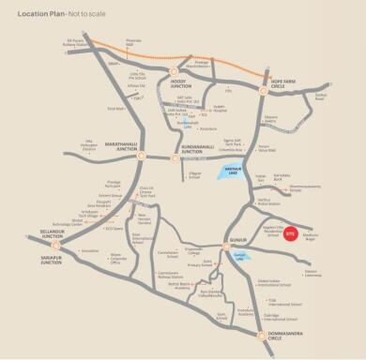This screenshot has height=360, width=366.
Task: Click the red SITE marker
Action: (290, 232)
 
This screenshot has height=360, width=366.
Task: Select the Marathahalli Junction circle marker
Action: (139, 157)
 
